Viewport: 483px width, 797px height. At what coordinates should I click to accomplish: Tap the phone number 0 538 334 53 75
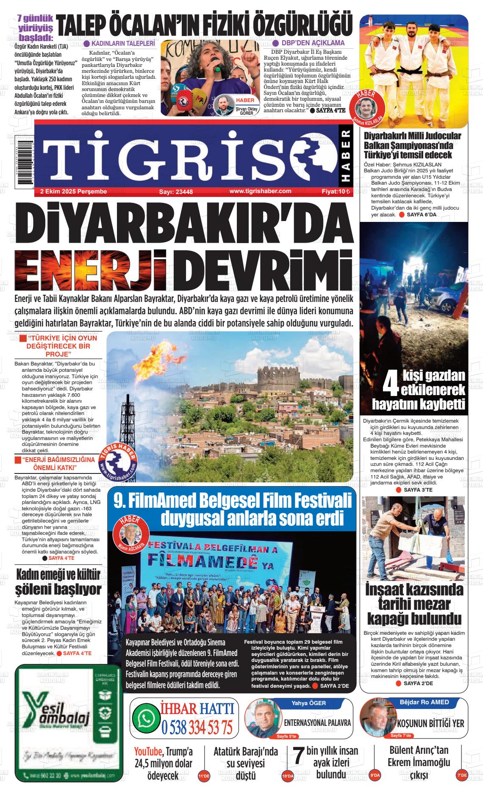[x=197, y=728]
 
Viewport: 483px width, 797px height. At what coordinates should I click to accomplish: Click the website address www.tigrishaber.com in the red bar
[x=254, y=191]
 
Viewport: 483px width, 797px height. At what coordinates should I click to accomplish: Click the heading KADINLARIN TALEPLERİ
[x=122, y=44]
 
